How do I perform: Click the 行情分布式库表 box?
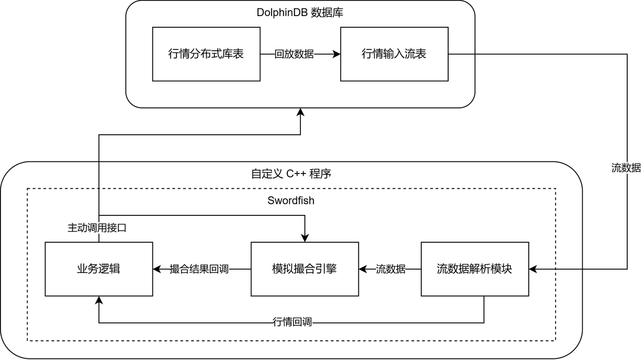pyautogui.click(x=206, y=54)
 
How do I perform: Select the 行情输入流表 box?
pyautogui.click(x=395, y=54)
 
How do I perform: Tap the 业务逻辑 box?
pyautogui.click(x=99, y=269)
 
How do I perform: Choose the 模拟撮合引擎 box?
pyautogui.click(x=305, y=269)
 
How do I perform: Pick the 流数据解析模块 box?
pyautogui.click(x=475, y=269)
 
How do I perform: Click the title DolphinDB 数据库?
pyautogui.click(x=300, y=12)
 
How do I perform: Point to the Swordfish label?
pyautogui.click(x=291, y=200)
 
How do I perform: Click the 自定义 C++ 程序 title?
pyautogui.click(x=291, y=174)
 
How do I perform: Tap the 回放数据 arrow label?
pyautogui.click(x=294, y=54)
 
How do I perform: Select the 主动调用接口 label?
pyautogui.click(x=97, y=228)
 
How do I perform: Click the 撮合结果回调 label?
pyautogui.click(x=199, y=269)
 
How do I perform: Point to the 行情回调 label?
pyautogui.click(x=292, y=322)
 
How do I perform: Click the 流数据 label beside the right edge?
pyautogui.click(x=626, y=168)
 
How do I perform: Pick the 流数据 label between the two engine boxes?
pyautogui.click(x=391, y=269)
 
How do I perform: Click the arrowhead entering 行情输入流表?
pyautogui.click(x=337, y=54)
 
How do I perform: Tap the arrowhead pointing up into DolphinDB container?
pyautogui.click(x=300, y=112)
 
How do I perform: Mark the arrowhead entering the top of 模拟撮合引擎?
pyautogui.click(x=305, y=238)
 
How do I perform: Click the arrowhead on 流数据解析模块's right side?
pyautogui.click(x=533, y=269)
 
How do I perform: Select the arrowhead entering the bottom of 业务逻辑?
pyautogui.click(x=99, y=300)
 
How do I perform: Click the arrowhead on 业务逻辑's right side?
pyautogui.click(x=157, y=269)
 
